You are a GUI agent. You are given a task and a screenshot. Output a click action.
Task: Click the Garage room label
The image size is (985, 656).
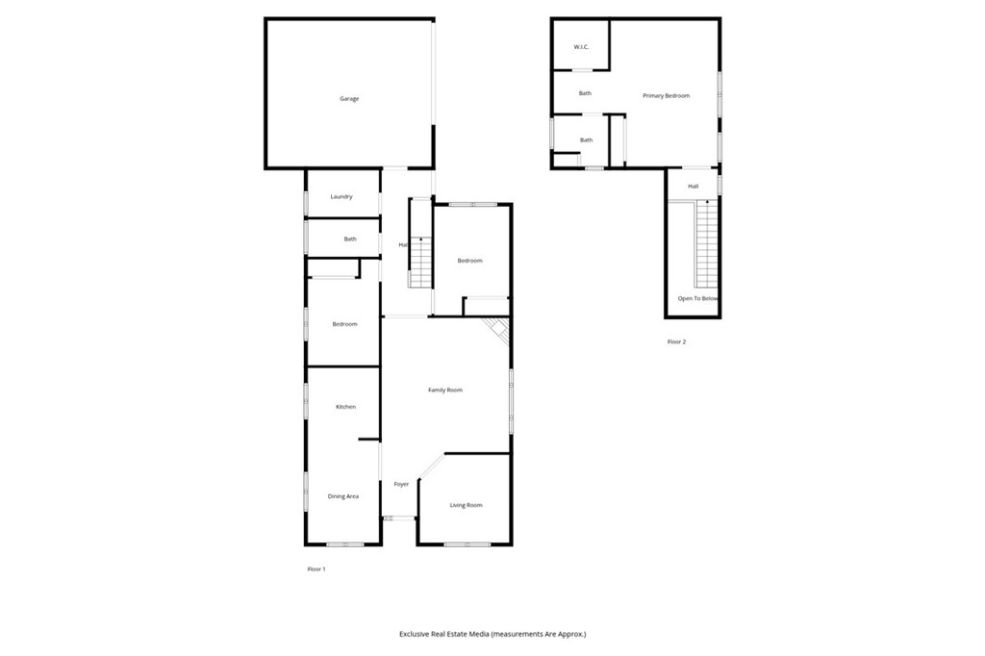click(349, 99)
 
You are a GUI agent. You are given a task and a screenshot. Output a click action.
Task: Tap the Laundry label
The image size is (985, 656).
click(341, 197)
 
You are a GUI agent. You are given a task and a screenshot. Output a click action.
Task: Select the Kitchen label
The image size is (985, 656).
click(345, 407)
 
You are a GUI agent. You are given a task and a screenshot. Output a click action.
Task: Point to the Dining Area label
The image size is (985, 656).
click(343, 496)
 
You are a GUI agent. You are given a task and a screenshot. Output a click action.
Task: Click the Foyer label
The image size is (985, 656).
click(401, 484)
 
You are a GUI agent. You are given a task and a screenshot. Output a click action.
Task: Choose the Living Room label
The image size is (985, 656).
click(467, 505)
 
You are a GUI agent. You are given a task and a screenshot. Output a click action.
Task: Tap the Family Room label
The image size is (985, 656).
click(445, 390)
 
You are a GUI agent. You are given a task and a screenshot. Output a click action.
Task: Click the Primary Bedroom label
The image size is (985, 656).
click(667, 96)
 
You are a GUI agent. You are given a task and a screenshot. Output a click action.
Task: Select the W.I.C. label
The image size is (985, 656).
click(581, 47)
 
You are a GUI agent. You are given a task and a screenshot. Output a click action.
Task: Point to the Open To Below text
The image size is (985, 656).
click(698, 299)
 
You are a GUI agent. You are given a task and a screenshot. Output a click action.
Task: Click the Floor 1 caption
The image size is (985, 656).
click(316, 569)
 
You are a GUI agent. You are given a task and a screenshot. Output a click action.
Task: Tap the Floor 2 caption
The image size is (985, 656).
click(677, 341)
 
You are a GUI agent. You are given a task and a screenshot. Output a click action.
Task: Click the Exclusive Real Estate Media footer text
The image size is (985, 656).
click(492, 634)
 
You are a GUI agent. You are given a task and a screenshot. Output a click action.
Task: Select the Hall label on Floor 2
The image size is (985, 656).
click(693, 187)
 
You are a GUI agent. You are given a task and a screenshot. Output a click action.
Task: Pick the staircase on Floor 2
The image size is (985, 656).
click(707, 245)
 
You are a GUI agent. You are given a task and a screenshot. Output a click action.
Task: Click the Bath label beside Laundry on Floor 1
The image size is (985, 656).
click(351, 240)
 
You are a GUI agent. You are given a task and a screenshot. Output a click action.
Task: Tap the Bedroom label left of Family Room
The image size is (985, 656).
click(344, 324)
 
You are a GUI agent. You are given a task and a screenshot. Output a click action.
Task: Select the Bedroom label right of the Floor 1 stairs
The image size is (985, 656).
click(469, 261)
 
